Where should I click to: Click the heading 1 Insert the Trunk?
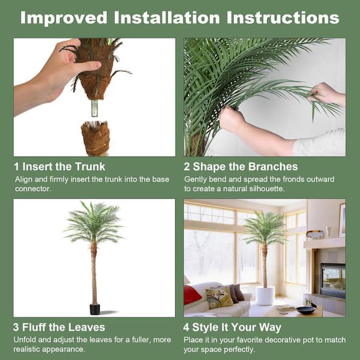point(59,167)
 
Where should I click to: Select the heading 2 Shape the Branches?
point(241,167)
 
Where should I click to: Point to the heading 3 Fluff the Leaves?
point(59,328)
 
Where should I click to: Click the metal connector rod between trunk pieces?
point(95,108)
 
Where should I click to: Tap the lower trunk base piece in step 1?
point(95,137)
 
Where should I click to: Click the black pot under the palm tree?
point(94,309)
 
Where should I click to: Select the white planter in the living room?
point(265,295)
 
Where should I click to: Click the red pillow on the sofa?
point(192,295)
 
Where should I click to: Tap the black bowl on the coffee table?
point(305,310)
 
